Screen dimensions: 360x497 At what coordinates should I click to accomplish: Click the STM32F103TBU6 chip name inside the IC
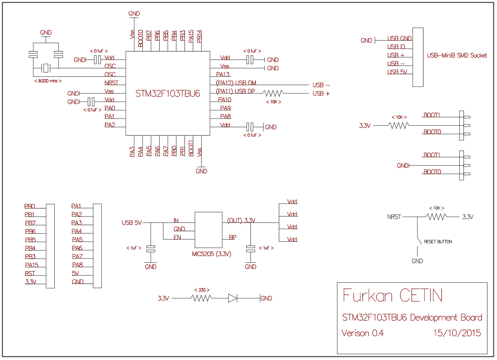(x=168, y=94)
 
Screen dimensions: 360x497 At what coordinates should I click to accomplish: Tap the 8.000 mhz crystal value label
(x=48, y=81)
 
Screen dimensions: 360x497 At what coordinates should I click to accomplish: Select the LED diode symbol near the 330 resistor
(x=233, y=298)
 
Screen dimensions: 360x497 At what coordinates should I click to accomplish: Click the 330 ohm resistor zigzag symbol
(x=202, y=298)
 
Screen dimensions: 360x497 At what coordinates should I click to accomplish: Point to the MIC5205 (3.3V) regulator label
(x=212, y=254)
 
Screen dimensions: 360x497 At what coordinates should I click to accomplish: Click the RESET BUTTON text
(x=438, y=242)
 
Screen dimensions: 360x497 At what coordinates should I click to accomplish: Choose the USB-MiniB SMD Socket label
(x=457, y=55)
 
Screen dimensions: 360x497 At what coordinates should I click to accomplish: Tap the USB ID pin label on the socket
(x=396, y=47)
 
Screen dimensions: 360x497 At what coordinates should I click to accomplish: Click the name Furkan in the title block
(x=368, y=296)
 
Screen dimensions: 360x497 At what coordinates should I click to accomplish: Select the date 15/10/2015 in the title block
(x=457, y=333)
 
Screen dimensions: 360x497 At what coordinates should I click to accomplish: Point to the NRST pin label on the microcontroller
(x=111, y=83)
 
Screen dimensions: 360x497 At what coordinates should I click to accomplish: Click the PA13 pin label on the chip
(x=223, y=75)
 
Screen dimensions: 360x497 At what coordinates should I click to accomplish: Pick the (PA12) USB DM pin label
(x=236, y=83)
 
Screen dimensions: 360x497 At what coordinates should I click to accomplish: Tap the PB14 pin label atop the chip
(x=199, y=36)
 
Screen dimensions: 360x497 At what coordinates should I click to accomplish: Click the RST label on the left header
(x=30, y=273)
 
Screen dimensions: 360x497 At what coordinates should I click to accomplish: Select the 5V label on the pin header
(x=76, y=273)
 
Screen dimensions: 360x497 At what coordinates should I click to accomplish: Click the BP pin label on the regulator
(x=233, y=237)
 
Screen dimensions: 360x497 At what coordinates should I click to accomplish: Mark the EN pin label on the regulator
(x=177, y=237)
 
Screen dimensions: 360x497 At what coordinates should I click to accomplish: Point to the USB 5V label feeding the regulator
(x=132, y=223)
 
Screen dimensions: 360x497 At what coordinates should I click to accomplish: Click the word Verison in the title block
(x=355, y=333)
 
